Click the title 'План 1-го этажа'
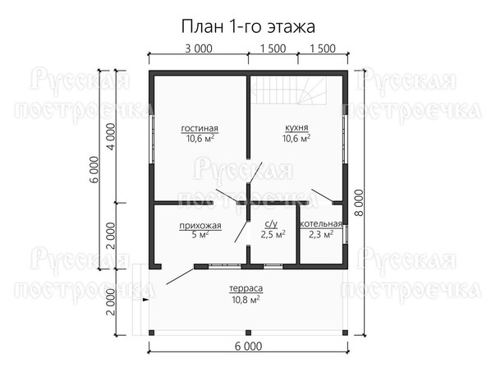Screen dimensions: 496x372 (248, 26)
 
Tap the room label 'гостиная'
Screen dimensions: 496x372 (200, 128)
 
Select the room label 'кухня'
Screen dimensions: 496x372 (296, 128)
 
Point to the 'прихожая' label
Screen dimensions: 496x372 (200, 226)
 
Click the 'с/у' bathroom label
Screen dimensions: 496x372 (271, 224)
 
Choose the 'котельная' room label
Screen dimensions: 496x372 (321, 224)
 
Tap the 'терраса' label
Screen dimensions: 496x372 (246, 288)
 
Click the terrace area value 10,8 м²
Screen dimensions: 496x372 (246, 299)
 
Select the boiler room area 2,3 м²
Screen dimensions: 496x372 (321, 234)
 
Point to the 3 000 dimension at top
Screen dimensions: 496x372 (199, 48)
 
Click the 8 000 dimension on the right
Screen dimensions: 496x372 (359, 203)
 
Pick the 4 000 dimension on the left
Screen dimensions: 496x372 (113, 136)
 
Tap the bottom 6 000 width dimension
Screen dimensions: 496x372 (248, 347)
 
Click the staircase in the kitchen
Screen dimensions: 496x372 (288, 90)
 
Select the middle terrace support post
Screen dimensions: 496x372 (248, 333)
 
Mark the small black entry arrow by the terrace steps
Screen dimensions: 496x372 (145, 299)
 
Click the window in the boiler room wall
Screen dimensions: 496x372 (346, 234)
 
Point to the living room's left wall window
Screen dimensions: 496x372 (152, 139)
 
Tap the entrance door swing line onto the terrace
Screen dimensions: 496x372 (180, 277)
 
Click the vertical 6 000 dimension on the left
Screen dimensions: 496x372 (94, 169)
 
